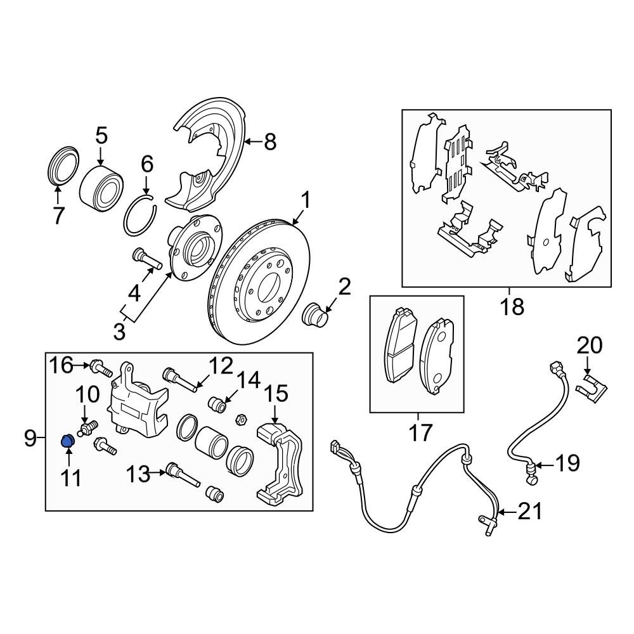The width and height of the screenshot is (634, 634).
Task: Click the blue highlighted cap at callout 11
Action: pyautogui.click(x=67, y=440)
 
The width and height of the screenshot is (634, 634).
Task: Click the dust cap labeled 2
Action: pyautogui.click(x=315, y=314)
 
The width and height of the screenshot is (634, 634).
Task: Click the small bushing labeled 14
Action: pyautogui.click(x=217, y=403)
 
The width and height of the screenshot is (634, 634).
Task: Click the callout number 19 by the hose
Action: pyautogui.click(x=567, y=463)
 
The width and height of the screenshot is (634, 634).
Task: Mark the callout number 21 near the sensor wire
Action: pyautogui.click(x=530, y=511)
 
